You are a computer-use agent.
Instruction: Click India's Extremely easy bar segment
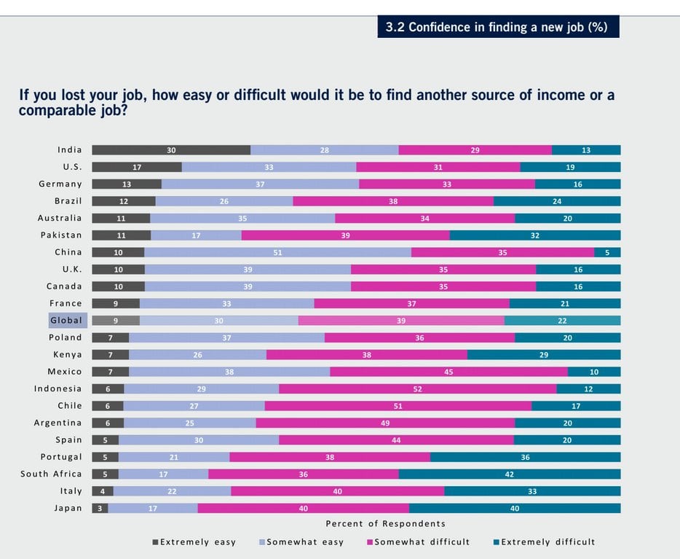pyautogui.click(x=171, y=150)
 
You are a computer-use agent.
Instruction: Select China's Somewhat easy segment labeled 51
pyautogui.click(x=277, y=252)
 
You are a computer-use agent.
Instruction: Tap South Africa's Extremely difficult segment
pyautogui.click(x=510, y=474)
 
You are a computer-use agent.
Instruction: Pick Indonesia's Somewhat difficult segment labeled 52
pyautogui.click(x=417, y=389)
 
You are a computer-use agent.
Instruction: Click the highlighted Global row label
pyautogui.click(x=67, y=321)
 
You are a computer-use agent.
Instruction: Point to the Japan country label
pyautogui.click(x=68, y=509)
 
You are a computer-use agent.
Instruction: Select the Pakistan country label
pyautogui.click(x=61, y=235)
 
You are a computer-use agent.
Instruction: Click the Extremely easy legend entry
pyautogui.click(x=194, y=542)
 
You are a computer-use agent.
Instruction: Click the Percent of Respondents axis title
pyautogui.click(x=385, y=524)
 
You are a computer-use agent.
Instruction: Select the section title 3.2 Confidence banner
pyautogui.click(x=498, y=28)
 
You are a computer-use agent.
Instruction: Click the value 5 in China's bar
pyautogui.click(x=607, y=252)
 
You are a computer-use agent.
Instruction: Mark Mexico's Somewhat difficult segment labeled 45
pyautogui.click(x=448, y=372)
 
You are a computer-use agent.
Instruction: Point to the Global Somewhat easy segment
pyautogui.click(x=218, y=321)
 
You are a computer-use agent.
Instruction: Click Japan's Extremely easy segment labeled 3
pyautogui.click(x=100, y=509)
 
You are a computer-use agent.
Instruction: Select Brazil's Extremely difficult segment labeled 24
pyautogui.click(x=557, y=201)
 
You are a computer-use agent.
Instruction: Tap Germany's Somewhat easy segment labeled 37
pyautogui.click(x=260, y=184)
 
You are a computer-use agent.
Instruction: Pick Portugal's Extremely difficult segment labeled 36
pyautogui.click(x=525, y=457)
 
